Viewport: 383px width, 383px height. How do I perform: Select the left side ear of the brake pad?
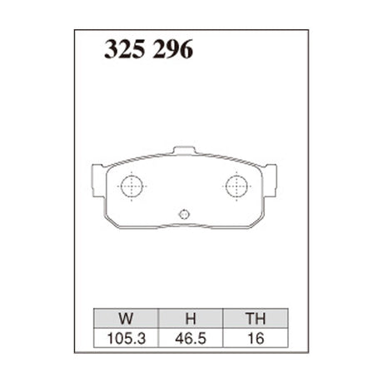[93, 178]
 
